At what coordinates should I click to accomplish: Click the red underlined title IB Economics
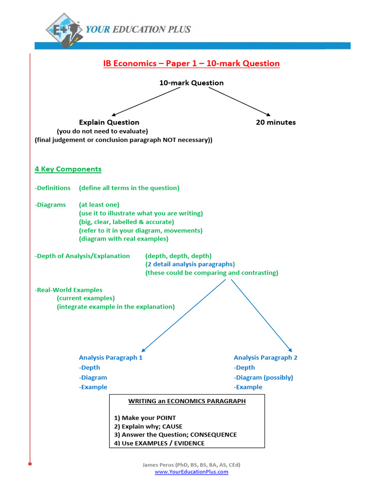[191, 63]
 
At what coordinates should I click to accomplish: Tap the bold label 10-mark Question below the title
[191, 83]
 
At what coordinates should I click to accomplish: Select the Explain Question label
[109, 122]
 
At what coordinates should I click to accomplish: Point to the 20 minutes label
[275, 122]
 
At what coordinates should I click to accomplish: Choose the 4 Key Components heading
[68, 169]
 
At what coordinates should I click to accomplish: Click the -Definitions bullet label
[52, 188]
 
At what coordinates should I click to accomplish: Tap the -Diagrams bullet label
[50, 205]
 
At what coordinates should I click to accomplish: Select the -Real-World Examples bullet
[68, 290]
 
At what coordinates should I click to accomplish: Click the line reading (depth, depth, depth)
[178, 256]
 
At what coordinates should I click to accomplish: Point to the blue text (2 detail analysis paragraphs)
[190, 264]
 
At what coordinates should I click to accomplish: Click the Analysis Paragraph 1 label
[111, 357]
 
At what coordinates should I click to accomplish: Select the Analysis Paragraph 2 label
[265, 357]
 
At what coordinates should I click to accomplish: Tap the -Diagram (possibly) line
[263, 377]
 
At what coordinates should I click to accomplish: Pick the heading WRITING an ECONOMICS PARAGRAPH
[187, 401]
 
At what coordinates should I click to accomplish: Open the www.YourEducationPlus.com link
[191, 472]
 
